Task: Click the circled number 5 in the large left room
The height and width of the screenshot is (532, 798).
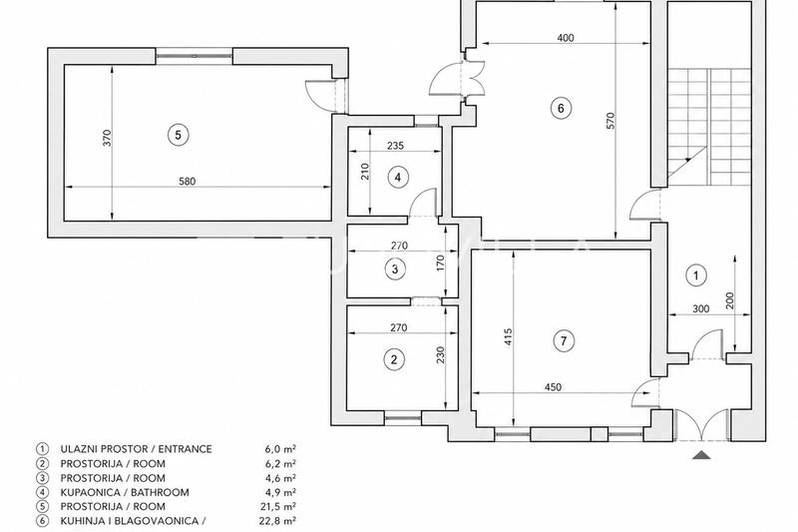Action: pyautogui.click(x=179, y=135)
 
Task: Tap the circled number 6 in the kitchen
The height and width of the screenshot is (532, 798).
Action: pyautogui.click(x=561, y=108)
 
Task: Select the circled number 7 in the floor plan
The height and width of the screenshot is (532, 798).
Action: pyautogui.click(x=564, y=340)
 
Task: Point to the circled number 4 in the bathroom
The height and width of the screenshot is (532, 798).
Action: pyautogui.click(x=398, y=177)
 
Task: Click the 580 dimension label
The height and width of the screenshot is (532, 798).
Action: pyautogui.click(x=188, y=181)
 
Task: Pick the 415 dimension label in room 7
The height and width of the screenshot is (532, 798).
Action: pyautogui.click(x=508, y=337)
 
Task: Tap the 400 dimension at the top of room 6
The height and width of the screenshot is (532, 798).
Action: pyautogui.click(x=566, y=38)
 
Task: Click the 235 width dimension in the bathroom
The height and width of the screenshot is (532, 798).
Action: pyautogui.click(x=395, y=146)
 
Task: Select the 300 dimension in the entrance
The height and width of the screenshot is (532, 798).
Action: pyautogui.click(x=701, y=308)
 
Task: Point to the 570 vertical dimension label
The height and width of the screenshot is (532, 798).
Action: pyautogui.click(x=610, y=120)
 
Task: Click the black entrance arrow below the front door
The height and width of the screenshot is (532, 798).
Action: pyautogui.click(x=701, y=454)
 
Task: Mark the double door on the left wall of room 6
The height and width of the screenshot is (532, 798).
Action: pyautogui.click(x=458, y=78)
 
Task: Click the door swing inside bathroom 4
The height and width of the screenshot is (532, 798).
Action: pyautogui.click(x=423, y=203)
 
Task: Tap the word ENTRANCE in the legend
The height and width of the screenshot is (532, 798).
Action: pyautogui.click(x=185, y=449)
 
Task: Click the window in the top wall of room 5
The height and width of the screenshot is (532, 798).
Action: pyautogui.click(x=194, y=56)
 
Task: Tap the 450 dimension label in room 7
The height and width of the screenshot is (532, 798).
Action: pyautogui.click(x=553, y=387)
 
